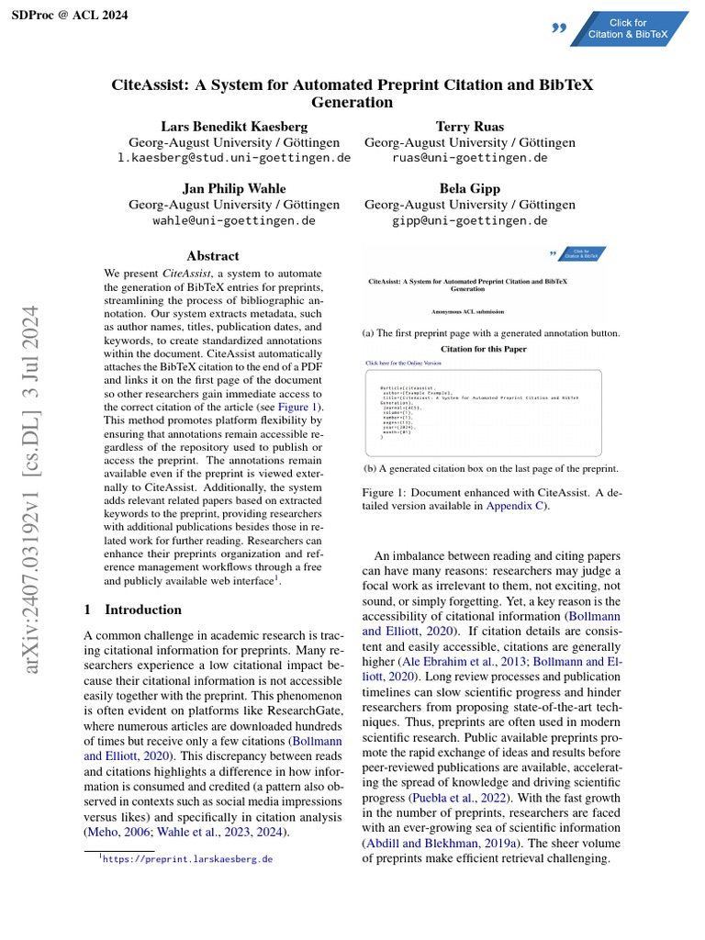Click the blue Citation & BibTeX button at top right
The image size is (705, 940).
(x=628, y=29)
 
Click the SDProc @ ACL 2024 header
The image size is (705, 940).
(x=70, y=16)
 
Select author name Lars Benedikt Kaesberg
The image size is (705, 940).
(x=235, y=126)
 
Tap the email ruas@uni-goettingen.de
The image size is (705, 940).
(x=470, y=158)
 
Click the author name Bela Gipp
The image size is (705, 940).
(x=470, y=188)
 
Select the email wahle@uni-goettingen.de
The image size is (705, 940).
(x=234, y=220)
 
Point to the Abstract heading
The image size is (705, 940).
(x=212, y=256)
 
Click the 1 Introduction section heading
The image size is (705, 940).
(x=132, y=610)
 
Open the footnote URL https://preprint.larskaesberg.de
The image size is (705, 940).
(x=187, y=859)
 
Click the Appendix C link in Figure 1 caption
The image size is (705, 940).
(x=516, y=506)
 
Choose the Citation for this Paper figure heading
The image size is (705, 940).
(x=484, y=350)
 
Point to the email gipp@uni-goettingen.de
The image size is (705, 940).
(x=470, y=220)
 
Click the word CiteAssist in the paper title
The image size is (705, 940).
(x=151, y=85)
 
